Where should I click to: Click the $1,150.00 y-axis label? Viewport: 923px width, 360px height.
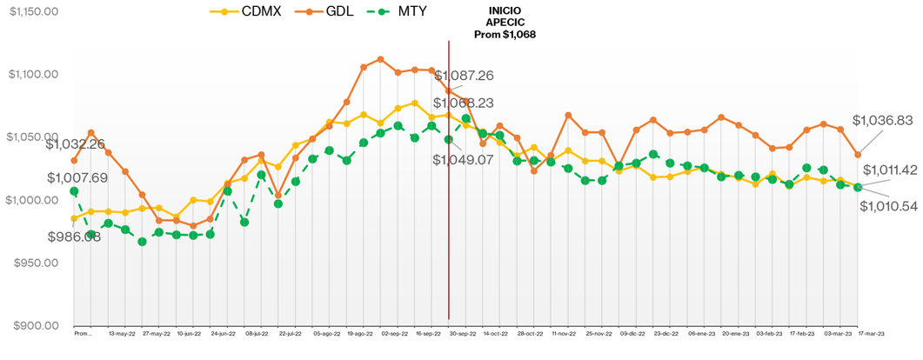34,11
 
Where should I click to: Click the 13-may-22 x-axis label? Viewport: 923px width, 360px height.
121,333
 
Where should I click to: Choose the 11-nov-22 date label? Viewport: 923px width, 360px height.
565,333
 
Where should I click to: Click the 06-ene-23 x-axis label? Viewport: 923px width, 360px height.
701,333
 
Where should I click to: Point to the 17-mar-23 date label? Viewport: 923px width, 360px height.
872,333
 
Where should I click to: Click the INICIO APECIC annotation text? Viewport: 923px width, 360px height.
505,23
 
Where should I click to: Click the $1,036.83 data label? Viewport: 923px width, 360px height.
882,120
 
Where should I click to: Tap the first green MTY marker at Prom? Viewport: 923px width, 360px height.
74,191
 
